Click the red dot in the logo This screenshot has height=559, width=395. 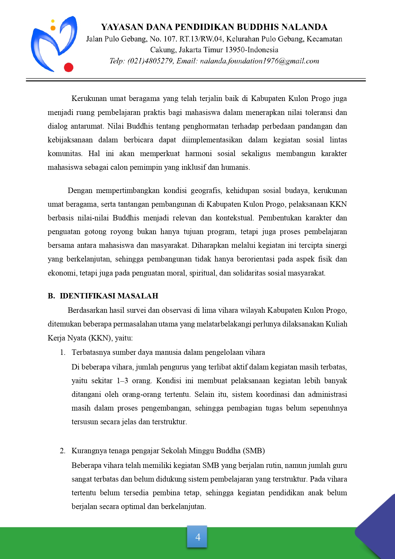coord(68,67)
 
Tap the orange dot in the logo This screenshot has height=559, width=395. coord(53,28)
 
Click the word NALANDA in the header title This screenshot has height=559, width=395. coord(305,27)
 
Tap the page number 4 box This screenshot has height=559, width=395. coord(197,537)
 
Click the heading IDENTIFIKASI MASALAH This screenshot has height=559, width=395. coord(109,296)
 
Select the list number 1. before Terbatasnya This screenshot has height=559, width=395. coord(63,352)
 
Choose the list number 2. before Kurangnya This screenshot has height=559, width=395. coord(63,451)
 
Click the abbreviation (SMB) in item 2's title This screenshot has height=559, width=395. coord(254,451)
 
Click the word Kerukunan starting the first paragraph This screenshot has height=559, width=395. coord(89,98)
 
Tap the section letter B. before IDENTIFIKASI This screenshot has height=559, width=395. coord(51,296)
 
